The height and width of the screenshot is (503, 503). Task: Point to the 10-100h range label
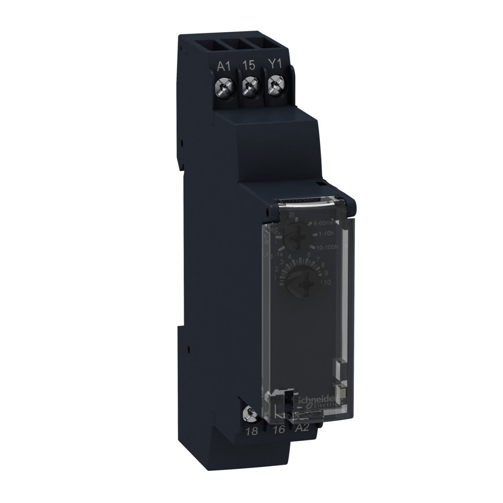coord(327,247)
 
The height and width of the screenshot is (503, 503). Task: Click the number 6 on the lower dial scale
coord(309,255)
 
